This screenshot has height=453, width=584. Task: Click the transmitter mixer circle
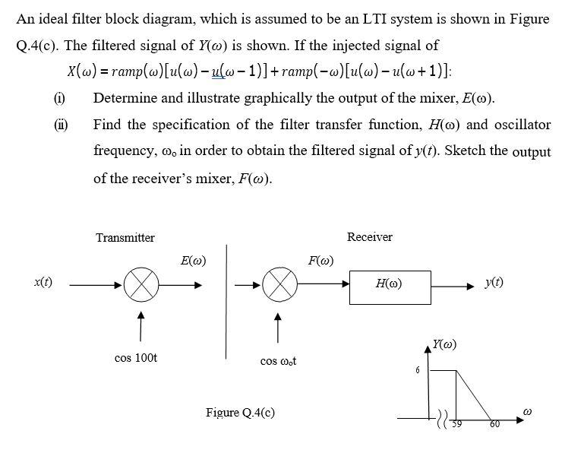pos(140,287)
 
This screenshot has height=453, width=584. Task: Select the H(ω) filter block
pos(390,284)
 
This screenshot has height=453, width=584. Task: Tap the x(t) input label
pos(43,281)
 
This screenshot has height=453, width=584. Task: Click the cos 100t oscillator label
pos(136,357)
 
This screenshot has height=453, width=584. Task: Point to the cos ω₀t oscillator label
pos(278,360)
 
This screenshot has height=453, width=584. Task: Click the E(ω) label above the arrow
pos(194,261)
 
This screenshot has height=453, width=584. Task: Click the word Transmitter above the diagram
pos(125,238)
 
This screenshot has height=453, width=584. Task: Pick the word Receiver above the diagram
pos(369,237)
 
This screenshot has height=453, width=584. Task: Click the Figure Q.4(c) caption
pos(240,413)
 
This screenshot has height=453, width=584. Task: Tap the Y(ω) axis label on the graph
pos(446,344)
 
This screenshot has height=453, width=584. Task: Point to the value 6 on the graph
pos(417,370)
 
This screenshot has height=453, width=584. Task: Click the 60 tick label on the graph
pos(494,424)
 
